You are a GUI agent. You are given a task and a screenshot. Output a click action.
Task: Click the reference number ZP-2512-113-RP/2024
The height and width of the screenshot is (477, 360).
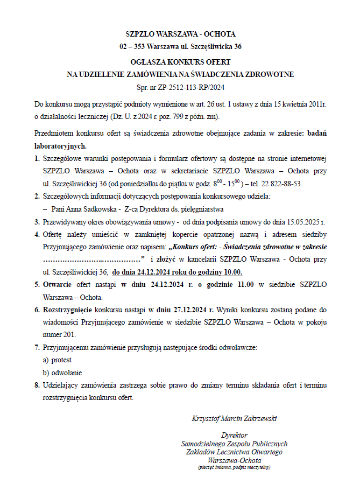(x=189, y=87)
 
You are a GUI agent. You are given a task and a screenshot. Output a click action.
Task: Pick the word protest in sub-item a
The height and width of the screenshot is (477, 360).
(x=61, y=360)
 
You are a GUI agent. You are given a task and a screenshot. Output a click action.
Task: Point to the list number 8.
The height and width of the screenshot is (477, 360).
(x=37, y=385)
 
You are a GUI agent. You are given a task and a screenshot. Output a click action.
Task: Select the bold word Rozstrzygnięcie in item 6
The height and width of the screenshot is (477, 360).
(x=67, y=310)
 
